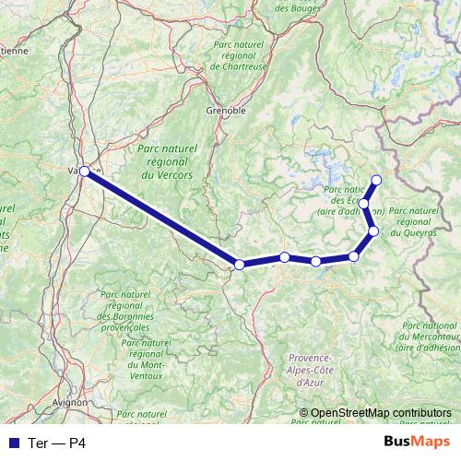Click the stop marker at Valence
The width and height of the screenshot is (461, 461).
(85, 171)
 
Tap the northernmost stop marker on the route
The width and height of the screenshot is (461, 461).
(375, 179)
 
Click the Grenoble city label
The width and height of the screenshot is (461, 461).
(225, 110)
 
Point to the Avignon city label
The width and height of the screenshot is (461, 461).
(70, 402)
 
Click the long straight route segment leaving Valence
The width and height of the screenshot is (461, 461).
(161, 218)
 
